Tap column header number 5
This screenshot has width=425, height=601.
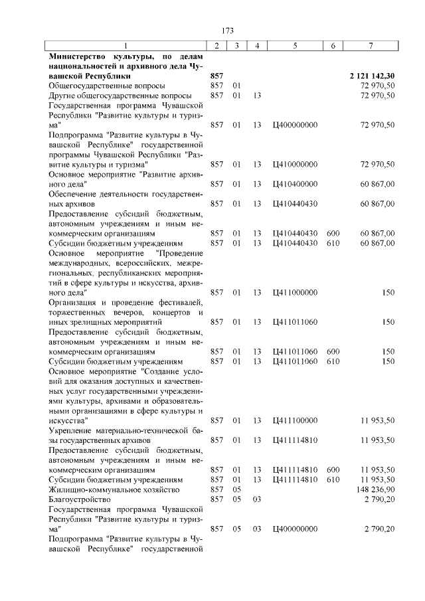click(295, 45)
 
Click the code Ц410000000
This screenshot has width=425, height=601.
click(295, 164)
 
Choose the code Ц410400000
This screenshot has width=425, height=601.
click(295, 184)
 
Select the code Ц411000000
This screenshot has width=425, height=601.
click(295, 292)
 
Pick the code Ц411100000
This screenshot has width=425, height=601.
click(295, 420)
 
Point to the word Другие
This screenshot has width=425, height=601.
click(63, 96)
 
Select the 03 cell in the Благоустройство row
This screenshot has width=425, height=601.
click(257, 499)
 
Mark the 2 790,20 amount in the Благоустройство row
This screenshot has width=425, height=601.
click(379, 499)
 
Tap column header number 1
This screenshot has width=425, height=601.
click(126, 45)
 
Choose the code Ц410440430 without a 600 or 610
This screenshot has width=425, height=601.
click(295, 204)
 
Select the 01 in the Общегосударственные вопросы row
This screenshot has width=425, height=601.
click(236, 86)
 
